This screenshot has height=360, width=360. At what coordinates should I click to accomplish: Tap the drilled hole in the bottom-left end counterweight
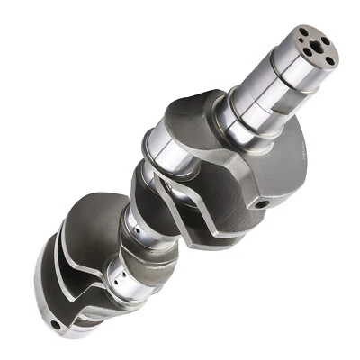56,323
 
